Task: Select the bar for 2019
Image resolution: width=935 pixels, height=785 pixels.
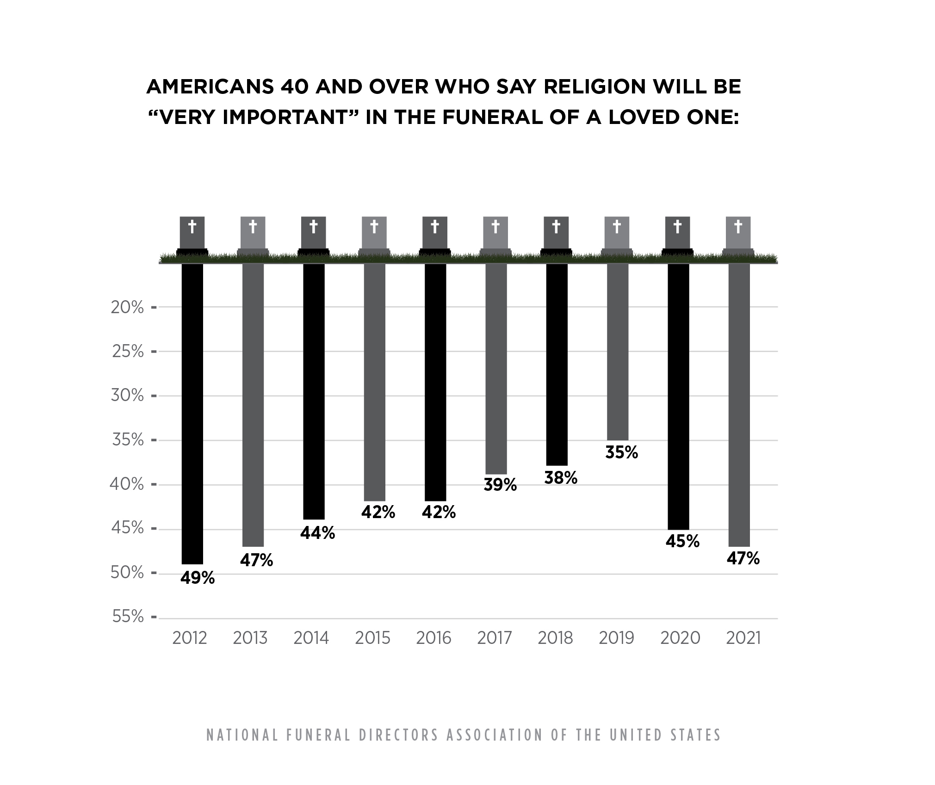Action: [x=617, y=352]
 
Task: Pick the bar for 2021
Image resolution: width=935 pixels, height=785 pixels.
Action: [x=739, y=405]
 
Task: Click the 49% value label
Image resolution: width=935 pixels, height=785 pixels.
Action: [x=198, y=578]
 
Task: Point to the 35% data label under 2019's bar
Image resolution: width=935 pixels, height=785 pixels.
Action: [x=621, y=452]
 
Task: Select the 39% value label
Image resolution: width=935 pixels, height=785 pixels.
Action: [x=500, y=485]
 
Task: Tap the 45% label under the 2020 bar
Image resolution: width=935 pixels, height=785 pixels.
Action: [x=682, y=541]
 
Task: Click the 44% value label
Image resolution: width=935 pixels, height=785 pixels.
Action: [x=317, y=533]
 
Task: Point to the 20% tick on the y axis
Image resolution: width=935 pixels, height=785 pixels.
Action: [x=127, y=307]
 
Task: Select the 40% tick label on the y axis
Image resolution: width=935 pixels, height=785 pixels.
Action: [x=127, y=484]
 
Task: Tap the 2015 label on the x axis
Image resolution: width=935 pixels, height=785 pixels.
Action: [x=372, y=638]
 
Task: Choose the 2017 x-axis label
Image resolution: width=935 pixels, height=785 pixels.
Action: [x=495, y=638]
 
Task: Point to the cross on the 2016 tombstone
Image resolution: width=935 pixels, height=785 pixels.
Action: [x=435, y=227]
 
